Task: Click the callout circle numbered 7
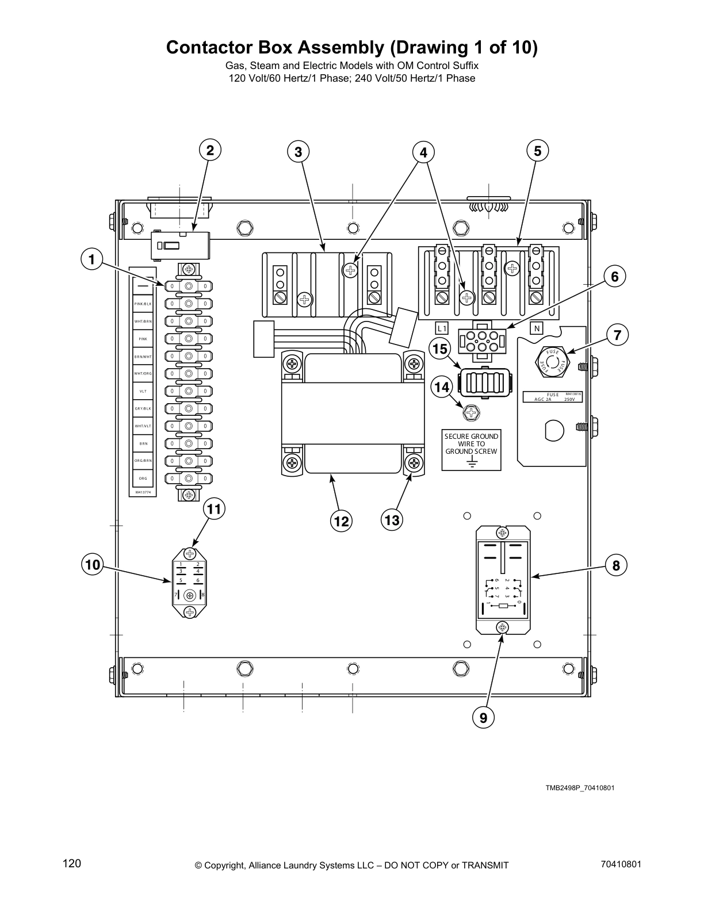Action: (617, 335)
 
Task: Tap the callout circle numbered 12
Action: (341, 521)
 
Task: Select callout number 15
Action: (440, 349)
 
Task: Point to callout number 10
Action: (92, 565)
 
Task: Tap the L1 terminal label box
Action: (441, 328)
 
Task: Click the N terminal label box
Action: (537, 328)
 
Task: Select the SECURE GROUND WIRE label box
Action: (471, 449)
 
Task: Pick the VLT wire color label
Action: (143, 391)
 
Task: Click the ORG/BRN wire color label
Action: (143, 461)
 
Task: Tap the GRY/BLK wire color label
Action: (143, 408)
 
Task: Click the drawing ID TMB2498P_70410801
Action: (580, 788)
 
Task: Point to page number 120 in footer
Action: (72, 863)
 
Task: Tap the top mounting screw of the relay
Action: (502, 533)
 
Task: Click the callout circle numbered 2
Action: (210, 151)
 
